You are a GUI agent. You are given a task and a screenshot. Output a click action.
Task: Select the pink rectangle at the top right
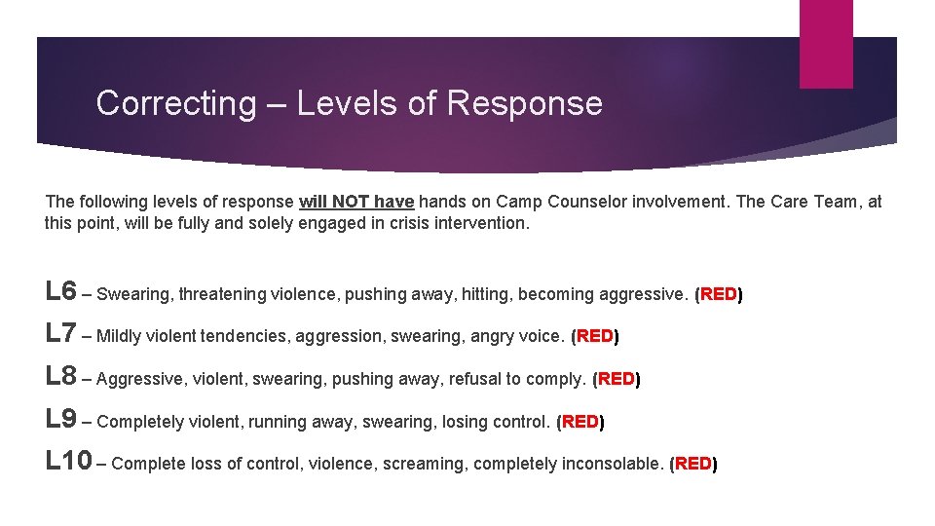(825, 44)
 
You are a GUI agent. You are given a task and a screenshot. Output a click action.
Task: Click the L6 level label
(60, 291)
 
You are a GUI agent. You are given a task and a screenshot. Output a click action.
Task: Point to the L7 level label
(60, 333)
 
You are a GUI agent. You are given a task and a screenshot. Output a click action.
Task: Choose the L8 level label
(60, 376)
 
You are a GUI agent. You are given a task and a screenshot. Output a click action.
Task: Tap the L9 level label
(60, 419)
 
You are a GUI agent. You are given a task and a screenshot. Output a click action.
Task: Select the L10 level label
(68, 461)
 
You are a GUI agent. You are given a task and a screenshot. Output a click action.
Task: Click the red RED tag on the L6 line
(718, 294)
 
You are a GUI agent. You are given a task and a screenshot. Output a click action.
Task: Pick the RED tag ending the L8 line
(616, 379)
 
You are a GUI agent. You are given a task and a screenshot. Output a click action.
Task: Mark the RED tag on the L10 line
(692, 464)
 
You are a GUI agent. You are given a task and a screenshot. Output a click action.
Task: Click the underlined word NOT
(350, 202)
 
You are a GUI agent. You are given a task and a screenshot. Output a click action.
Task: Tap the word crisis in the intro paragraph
(404, 223)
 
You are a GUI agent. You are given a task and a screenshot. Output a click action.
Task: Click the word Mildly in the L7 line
(120, 336)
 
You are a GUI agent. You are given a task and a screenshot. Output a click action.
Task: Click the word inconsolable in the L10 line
(614, 464)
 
